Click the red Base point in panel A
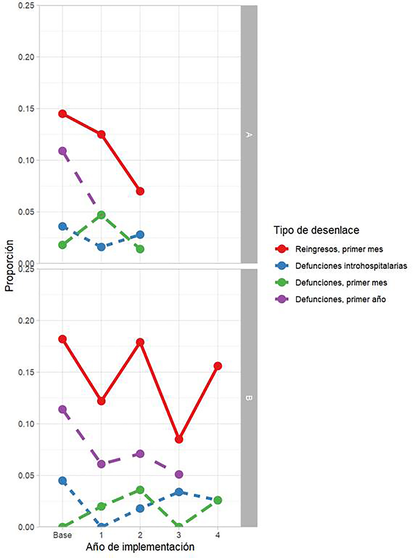tap(63, 114)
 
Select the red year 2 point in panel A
tap(140, 191)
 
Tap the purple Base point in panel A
tap(63, 151)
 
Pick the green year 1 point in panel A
tap(101, 215)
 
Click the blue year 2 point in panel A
tap(140, 235)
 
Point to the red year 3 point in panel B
tap(179, 439)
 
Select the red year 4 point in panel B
tap(218, 366)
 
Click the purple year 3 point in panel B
tap(179, 475)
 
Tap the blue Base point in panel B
tap(63, 481)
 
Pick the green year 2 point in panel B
tap(140, 490)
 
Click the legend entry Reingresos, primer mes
tap(339, 249)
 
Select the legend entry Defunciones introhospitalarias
tap(351, 266)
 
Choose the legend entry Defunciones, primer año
tap(340, 299)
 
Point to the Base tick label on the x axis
tap(63, 535)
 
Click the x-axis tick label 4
tap(218, 535)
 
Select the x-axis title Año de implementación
tap(140, 547)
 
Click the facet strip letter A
tap(249, 135)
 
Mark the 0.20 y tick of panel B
tap(26, 321)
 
